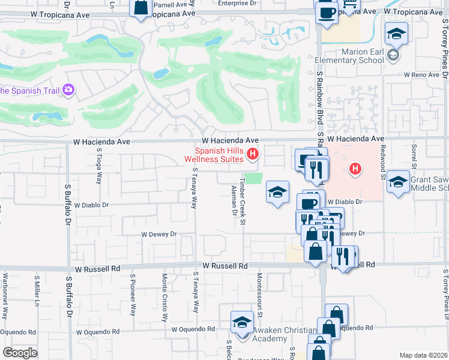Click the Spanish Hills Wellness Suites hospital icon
pyautogui.click(x=253, y=155)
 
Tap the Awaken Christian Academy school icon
pyautogui.click(x=242, y=322)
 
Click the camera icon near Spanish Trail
pyautogui.click(x=68, y=90)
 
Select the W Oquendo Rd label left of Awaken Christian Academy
pyautogui.click(x=193, y=329)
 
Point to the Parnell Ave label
pyautogui.click(x=166, y=4)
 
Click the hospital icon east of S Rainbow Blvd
pyautogui.click(x=355, y=169)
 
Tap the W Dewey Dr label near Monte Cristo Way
pyautogui.click(x=158, y=234)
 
